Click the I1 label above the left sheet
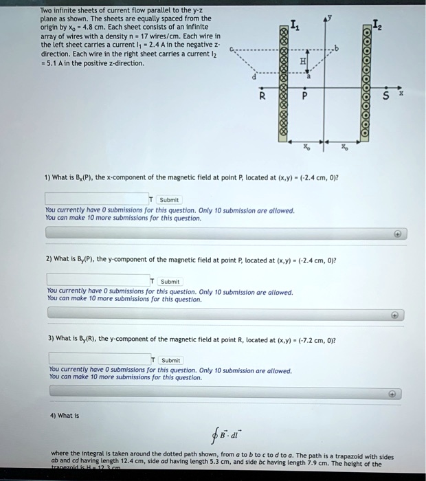pyautogui.click(x=294, y=27)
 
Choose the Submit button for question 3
pyautogui.click(x=170, y=359)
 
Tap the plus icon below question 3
pyautogui.click(x=392, y=394)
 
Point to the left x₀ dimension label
pyautogui.click(x=306, y=148)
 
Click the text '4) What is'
pyautogui.click(x=64, y=415)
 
